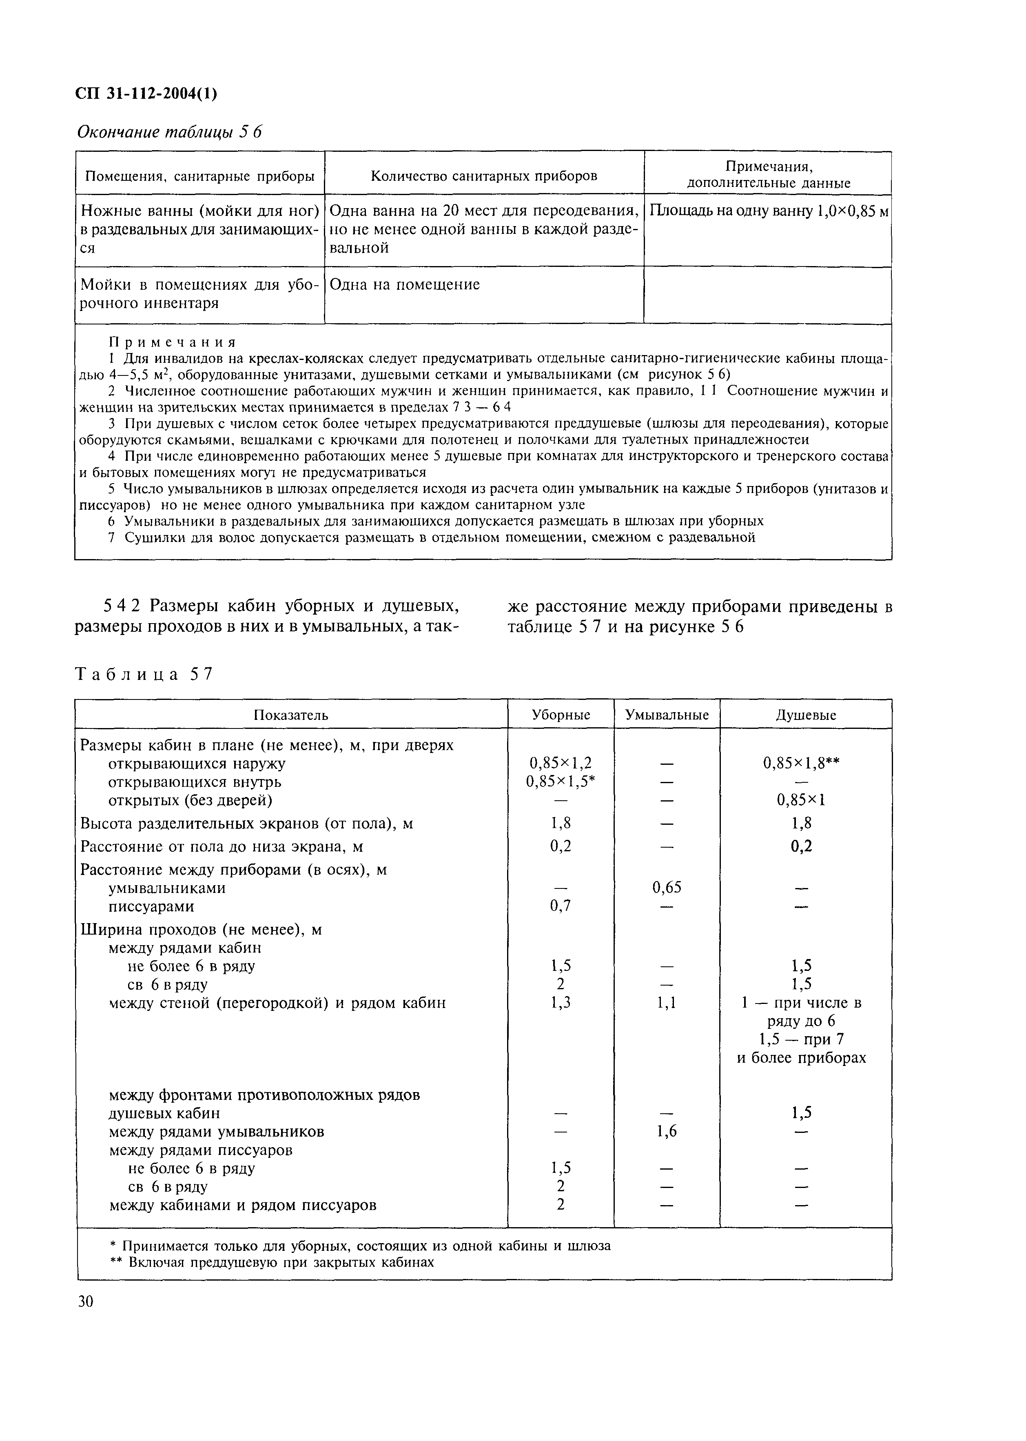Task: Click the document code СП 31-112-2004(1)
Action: (146, 93)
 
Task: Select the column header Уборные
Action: (561, 715)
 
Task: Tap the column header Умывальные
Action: (667, 715)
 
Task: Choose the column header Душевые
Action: (806, 715)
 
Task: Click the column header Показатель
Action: (291, 715)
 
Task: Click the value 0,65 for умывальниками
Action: (667, 887)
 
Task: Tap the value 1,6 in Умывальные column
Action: (667, 1131)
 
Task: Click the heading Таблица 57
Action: (144, 674)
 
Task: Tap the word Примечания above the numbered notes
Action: (173, 342)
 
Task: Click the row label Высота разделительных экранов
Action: (246, 824)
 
